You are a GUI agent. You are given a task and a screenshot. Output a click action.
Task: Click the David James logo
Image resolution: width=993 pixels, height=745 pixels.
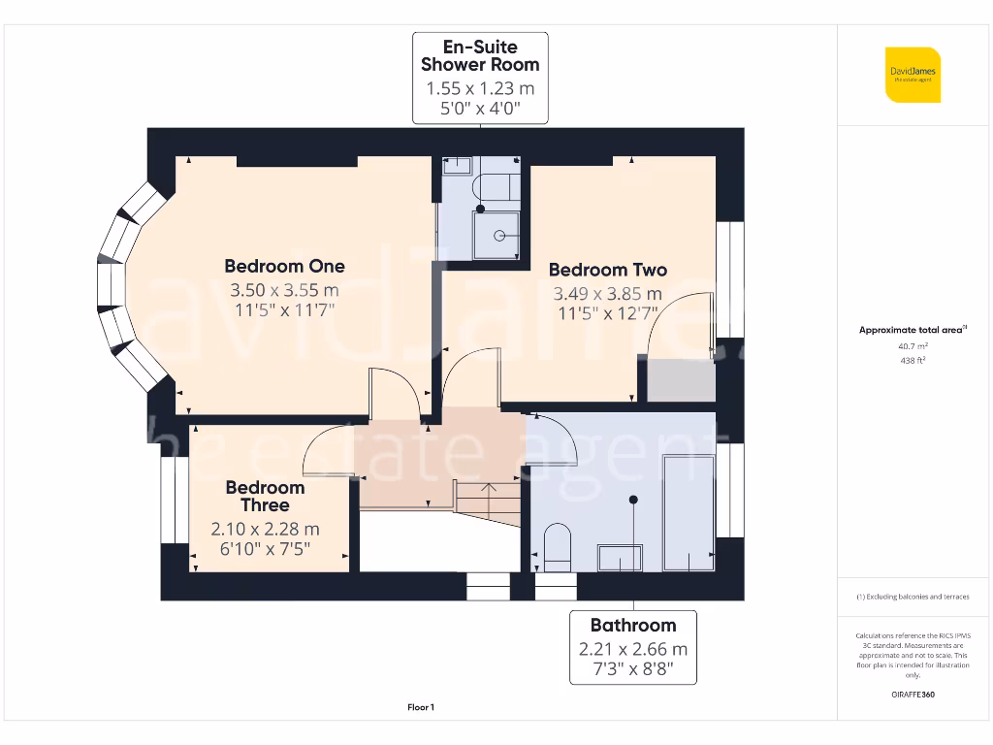click(x=912, y=75)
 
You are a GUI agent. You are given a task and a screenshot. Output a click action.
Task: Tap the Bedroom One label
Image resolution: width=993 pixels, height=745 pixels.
click(x=284, y=266)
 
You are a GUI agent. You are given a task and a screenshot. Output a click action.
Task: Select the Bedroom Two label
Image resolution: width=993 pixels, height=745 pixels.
click(x=607, y=270)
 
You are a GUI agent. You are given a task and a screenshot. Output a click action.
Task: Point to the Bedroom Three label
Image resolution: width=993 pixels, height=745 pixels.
click(x=265, y=496)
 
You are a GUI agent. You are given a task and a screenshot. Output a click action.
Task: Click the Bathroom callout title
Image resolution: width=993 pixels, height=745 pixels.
click(x=632, y=626)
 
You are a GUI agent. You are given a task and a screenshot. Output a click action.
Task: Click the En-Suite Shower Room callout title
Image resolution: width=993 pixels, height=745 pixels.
click(x=480, y=55)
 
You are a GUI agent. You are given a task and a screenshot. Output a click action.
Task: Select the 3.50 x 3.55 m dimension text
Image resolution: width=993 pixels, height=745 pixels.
click(x=284, y=290)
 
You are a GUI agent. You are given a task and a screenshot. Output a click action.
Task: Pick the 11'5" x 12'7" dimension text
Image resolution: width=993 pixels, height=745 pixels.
click(x=607, y=313)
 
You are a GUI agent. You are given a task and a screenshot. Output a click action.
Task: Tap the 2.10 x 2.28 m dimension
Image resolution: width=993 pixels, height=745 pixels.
click(x=265, y=530)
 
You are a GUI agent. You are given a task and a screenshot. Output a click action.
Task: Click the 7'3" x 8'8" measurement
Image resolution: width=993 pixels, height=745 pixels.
click(x=632, y=669)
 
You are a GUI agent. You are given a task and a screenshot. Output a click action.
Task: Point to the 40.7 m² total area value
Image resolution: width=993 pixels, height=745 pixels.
click(x=912, y=345)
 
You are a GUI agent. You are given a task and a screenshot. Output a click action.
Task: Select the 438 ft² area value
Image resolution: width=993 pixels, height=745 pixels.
click(x=912, y=360)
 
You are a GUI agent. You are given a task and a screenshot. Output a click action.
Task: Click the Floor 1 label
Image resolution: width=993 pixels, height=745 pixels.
click(x=421, y=707)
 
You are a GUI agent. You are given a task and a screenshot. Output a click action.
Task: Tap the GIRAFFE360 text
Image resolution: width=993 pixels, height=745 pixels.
click(x=912, y=695)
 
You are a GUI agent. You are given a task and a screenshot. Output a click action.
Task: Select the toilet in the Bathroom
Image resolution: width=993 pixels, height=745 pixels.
click(x=558, y=546)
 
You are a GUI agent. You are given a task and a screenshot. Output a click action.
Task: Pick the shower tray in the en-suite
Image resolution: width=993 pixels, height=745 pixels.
click(x=498, y=236)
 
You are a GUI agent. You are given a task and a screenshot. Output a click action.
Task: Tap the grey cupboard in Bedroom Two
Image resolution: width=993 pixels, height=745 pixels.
click(x=681, y=379)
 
